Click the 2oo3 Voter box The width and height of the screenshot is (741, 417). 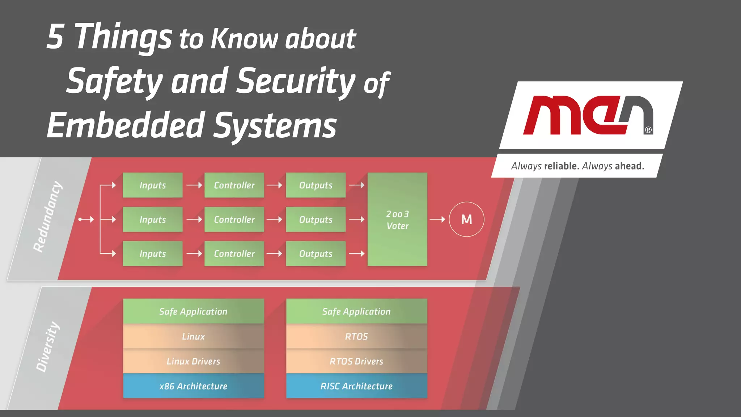pos(397,220)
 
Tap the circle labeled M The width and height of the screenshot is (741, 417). pos(466,219)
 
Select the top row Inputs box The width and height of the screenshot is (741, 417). pos(152,185)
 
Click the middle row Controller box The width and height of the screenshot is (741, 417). pos(234,220)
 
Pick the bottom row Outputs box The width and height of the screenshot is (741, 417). pos(316,254)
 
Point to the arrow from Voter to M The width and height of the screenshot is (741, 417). pos(437,219)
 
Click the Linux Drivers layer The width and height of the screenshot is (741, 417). pos(193,361)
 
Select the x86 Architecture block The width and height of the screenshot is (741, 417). pos(193,386)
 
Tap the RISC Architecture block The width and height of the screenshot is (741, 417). pos(356,386)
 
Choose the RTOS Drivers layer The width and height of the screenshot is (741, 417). pos(356,361)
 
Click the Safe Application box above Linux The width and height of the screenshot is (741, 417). pos(193,312)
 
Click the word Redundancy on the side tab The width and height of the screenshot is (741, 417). pos(47,217)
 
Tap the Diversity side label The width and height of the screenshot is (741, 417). pos(47,347)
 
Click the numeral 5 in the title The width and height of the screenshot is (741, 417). pos(55,37)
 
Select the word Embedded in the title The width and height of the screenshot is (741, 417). pos(126,125)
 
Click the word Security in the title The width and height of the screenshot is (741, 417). pos(296,82)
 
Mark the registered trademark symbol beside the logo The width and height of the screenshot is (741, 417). pos(648,130)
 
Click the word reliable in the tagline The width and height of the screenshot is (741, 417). pos(561,166)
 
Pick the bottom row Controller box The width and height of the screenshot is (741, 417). pos(234,254)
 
